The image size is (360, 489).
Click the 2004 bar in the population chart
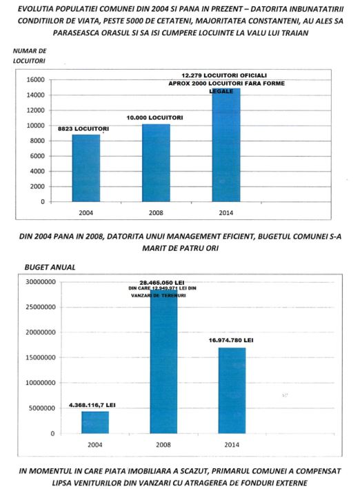tap(86, 168)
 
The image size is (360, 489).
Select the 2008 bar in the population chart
tap(156, 163)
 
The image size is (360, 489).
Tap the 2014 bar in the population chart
tap(226, 145)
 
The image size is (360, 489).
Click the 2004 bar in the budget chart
tap(95, 422)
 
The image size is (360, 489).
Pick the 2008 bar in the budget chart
tap(163, 361)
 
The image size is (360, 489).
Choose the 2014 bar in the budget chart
tap(232, 390)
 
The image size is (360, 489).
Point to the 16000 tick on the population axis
tap(36, 80)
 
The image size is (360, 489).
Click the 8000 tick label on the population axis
tap(37, 141)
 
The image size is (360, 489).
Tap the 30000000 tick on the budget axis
tap(41, 282)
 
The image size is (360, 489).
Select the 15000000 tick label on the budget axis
tap(41, 357)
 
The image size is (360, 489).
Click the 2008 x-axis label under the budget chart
tap(163, 444)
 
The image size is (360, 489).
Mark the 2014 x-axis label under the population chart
tap(226, 212)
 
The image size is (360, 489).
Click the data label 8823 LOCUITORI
tap(83, 129)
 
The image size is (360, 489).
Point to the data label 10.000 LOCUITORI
tap(154, 117)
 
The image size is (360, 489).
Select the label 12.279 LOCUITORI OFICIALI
tap(224, 75)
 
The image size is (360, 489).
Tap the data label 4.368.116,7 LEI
tap(92, 405)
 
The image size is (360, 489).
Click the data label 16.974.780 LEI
tap(231, 340)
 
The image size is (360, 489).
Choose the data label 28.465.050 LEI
tap(162, 283)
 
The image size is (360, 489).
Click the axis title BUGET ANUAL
tap(50, 268)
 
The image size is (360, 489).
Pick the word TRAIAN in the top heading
tap(294, 32)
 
